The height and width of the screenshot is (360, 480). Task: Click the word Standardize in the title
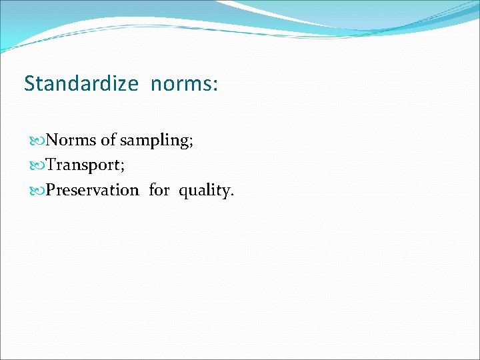tap(81, 84)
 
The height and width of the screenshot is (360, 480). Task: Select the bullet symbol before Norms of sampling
tap(37, 141)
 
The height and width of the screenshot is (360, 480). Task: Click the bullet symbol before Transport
tap(37, 165)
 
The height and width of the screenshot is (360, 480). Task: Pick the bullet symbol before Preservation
tap(37, 191)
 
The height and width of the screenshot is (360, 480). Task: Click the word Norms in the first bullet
tap(71, 140)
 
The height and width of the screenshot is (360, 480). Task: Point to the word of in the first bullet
tap(108, 140)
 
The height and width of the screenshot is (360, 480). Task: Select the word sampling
tap(154, 141)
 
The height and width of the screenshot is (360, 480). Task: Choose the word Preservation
tap(93, 190)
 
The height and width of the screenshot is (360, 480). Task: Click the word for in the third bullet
tap(159, 190)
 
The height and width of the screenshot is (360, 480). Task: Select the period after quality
tap(232, 195)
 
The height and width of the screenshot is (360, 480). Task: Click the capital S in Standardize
tap(29, 84)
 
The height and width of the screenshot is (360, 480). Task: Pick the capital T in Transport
tap(51, 165)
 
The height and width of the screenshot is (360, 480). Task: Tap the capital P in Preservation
tap(51, 190)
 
